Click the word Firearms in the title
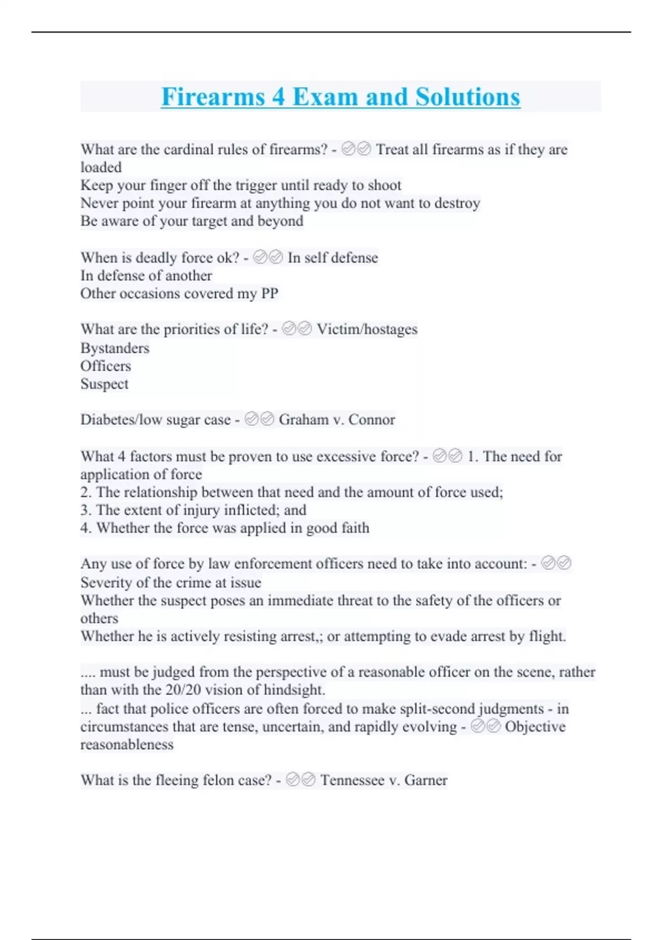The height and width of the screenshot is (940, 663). pyautogui.click(x=213, y=97)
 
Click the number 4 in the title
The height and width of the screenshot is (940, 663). pyautogui.click(x=278, y=97)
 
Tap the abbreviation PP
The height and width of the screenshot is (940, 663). pyautogui.click(x=270, y=294)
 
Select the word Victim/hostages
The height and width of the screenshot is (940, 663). pyautogui.click(x=367, y=330)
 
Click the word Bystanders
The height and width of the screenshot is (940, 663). pyautogui.click(x=115, y=348)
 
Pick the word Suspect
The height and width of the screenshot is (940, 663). pyautogui.click(x=104, y=384)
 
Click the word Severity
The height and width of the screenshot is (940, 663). pyautogui.click(x=106, y=582)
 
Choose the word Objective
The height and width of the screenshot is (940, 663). pyautogui.click(x=535, y=727)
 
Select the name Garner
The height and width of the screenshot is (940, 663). pyautogui.click(x=426, y=780)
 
